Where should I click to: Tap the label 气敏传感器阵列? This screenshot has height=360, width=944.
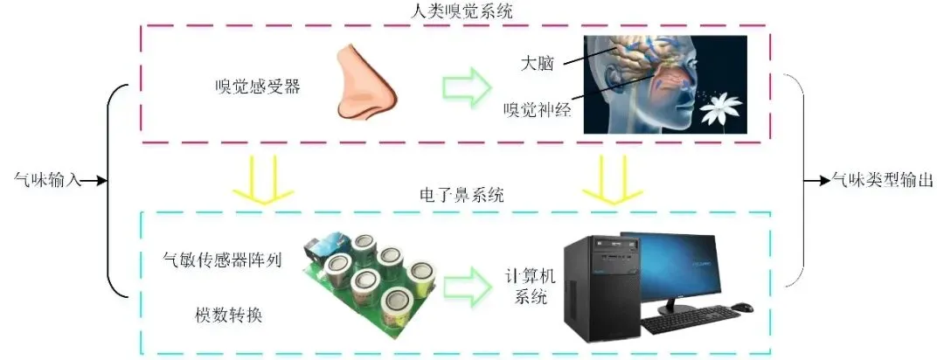coord(223,260)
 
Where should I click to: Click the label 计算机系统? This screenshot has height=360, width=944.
coord(527,285)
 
